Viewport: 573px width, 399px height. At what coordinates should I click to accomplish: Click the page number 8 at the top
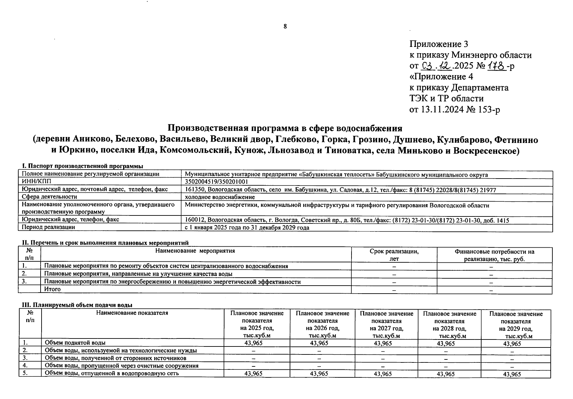pyautogui.click(x=285, y=27)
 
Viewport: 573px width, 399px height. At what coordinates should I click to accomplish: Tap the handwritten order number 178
pyautogui.click(x=497, y=66)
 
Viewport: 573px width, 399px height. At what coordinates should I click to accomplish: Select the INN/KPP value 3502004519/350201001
pyautogui.click(x=216, y=182)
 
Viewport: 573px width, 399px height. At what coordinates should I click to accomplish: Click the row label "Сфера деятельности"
pyautogui.click(x=50, y=197)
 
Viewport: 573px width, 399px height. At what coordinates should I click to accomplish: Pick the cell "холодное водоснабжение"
pyautogui.click(x=219, y=197)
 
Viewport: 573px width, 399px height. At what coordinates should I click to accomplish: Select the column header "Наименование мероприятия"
pyautogui.click(x=195, y=251)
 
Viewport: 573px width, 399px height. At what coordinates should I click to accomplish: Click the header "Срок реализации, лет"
pyautogui.click(x=394, y=255)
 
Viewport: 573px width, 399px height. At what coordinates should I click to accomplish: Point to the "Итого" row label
pyautogui.click(x=53, y=289)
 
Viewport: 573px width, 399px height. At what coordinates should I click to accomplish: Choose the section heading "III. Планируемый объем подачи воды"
pyautogui.click(x=77, y=305)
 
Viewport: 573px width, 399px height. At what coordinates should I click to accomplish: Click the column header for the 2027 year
pyautogui.click(x=386, y=324)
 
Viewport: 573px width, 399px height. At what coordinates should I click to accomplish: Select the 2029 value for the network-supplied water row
pyautogui.click(x=512, y=374)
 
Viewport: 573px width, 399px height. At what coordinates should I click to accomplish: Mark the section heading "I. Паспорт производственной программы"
pyautogui.click(x=82, y=166)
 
